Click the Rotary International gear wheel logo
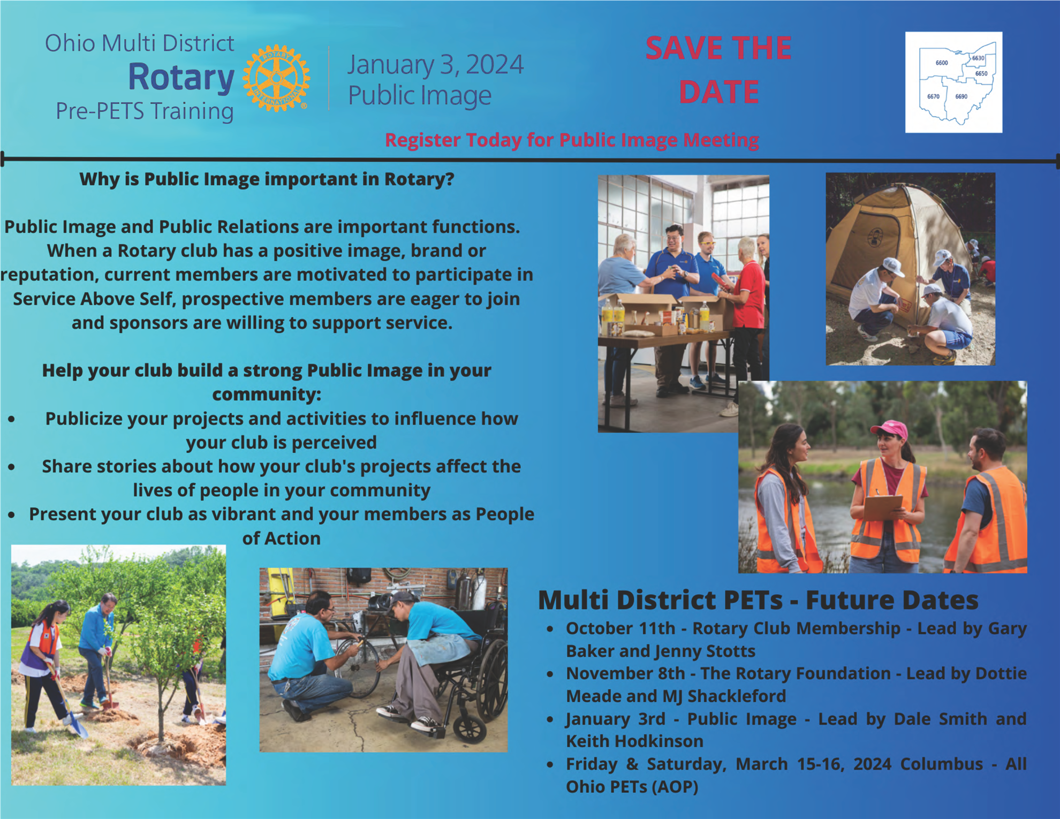(276, 78)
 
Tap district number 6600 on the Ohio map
(942, 63)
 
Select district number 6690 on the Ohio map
(961, 97)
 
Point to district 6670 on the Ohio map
(933, 97)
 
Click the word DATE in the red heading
(719, 92)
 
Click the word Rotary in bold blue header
(181, 78)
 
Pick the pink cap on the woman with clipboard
(889, 429)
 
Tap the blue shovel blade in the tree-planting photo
(78, 726)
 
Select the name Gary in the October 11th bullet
(1007, 628)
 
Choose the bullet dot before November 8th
(550, 674)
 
